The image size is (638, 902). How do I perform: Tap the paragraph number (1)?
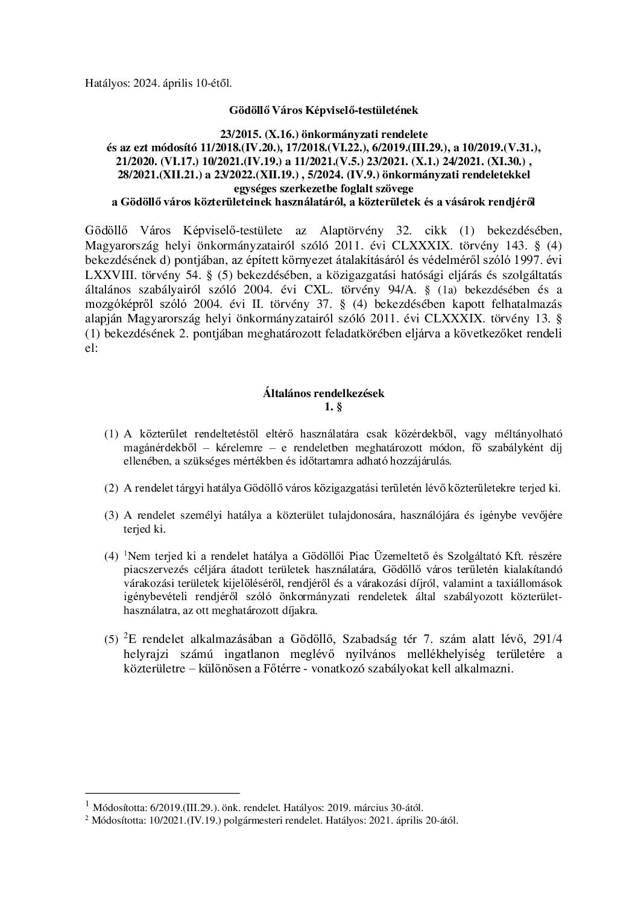(112, 433)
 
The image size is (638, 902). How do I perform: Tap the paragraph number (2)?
(112, 488)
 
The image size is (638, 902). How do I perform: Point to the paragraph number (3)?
(112, 516)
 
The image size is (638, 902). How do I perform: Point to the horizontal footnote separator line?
(163, 793)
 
